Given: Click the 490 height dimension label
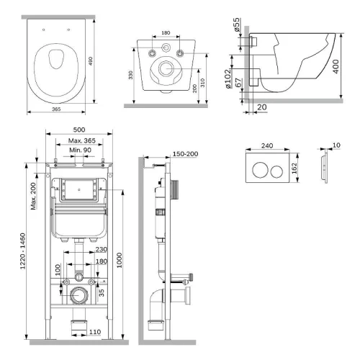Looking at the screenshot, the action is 91,61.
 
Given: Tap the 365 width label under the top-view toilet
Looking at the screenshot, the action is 56,109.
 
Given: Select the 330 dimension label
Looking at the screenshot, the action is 130,75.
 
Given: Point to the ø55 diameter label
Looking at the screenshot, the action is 236,24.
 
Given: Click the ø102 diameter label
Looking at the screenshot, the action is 228,79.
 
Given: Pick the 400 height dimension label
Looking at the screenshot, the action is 336,67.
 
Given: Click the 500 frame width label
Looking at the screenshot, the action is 79,130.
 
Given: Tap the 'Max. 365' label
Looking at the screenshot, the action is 82,140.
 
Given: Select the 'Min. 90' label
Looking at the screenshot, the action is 80,150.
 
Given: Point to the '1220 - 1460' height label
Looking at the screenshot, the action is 22,251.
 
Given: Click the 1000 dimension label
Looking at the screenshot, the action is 120,260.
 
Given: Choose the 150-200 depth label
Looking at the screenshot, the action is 185,154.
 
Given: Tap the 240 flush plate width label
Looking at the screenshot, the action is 267,145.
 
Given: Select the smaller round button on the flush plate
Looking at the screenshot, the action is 276,171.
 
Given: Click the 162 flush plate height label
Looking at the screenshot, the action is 294,168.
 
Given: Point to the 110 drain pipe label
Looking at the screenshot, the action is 95,332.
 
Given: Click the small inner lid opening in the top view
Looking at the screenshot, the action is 56,59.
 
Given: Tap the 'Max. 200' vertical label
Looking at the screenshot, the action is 33,197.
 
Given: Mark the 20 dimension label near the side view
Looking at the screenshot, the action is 262,107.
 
